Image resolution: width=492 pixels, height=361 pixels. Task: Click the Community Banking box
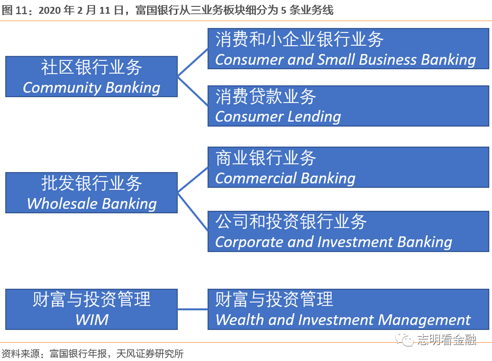[91, 76]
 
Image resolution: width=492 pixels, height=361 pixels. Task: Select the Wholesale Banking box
[91, 193]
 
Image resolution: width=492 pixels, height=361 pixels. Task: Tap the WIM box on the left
[91, 309]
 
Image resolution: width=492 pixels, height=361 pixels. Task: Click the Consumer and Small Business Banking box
[348, 48]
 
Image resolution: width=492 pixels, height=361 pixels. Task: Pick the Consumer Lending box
[348, 106]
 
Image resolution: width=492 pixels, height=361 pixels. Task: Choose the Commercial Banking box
[348, 167]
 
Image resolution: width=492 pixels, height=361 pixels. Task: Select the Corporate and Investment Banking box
[348, 231]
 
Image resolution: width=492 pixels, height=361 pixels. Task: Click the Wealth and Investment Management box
[348, 309]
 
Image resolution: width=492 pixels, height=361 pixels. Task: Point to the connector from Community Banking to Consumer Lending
[193, 91]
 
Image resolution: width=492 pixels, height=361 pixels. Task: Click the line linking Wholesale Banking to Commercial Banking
[193, 180]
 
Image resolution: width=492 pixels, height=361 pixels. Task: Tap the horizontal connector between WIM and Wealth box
[193, 309]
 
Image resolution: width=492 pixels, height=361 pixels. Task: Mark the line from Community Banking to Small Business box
[193, 63]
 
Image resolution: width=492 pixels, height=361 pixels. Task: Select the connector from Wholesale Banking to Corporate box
[193, 212]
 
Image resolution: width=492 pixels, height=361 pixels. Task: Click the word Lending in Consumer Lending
[314, 117]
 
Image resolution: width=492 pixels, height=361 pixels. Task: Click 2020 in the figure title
[50, 11]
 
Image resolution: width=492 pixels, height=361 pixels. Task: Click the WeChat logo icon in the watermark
[404, 339]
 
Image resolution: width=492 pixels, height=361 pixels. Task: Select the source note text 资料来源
[21, 354]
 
